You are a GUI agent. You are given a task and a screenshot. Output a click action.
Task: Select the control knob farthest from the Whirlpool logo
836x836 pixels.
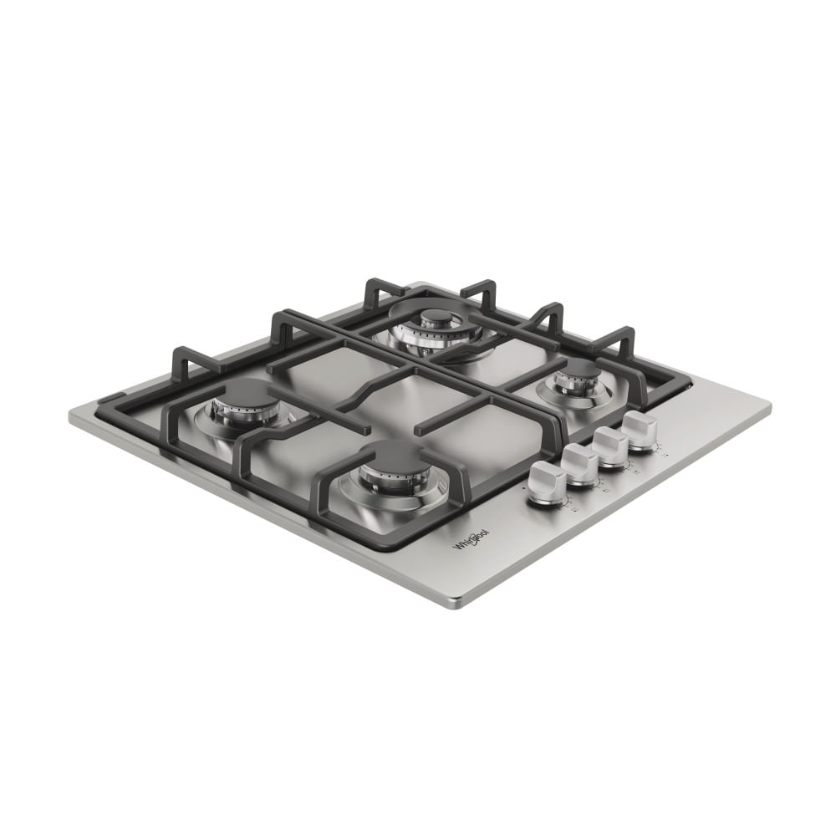(641, 430)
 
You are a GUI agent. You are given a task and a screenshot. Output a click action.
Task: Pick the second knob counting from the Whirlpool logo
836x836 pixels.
(580, 464)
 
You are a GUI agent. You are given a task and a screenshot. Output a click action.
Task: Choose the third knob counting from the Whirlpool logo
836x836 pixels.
(612, 446)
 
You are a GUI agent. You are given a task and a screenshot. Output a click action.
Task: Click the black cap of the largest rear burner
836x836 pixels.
(436, 316)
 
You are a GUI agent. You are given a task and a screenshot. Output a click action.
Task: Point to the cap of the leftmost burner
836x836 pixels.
(243, 390)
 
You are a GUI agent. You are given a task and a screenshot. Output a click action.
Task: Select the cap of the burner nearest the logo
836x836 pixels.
(395, 456)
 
